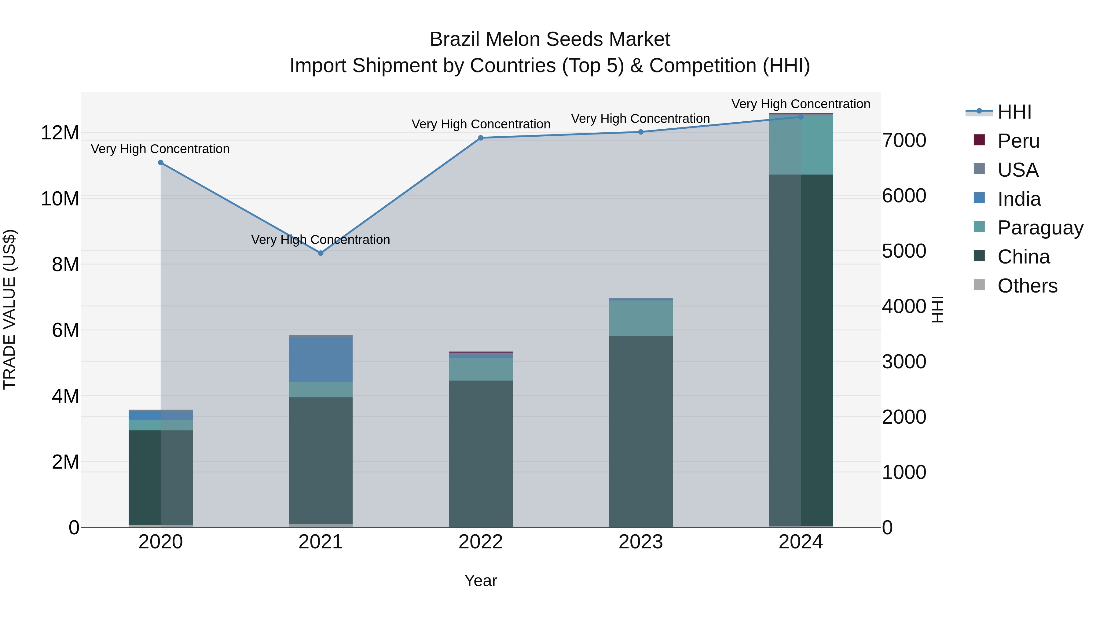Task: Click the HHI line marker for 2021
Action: [321, 253]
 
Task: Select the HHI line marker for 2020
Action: [160, 163]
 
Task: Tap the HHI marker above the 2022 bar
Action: [480, 138]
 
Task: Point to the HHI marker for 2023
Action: [640, 132]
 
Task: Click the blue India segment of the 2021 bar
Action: [321, 360]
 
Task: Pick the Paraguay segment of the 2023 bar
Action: [640, 318]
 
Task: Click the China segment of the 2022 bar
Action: [480, 453]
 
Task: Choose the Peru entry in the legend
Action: [1018, 141]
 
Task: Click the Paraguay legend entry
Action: [1040, 228]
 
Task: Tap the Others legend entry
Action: [1027, 286]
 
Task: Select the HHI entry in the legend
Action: [1014, 112]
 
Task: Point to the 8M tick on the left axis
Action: [65, 264]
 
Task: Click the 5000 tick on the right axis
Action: [904, 251]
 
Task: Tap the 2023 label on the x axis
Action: [640, 542]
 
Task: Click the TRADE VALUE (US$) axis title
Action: [9, 309]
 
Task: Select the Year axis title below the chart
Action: [480, 580]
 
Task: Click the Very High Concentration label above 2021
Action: [321, 240]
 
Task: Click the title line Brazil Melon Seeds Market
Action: [550, 39]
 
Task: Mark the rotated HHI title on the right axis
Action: [937, 309]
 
